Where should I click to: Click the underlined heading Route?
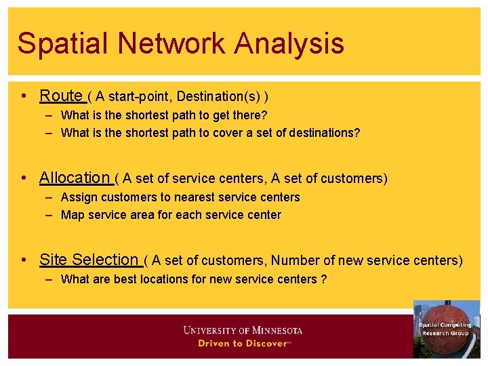pos(61,96)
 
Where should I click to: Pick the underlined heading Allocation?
pos(75,178)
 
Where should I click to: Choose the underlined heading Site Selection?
pos(89,260)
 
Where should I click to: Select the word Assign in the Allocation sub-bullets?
pos(78,197)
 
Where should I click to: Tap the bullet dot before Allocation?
pos(24,179)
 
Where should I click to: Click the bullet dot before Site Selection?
pos(24,260)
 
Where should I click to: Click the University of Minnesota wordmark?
pos(243,330)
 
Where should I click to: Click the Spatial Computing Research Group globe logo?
pos(445,329)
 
